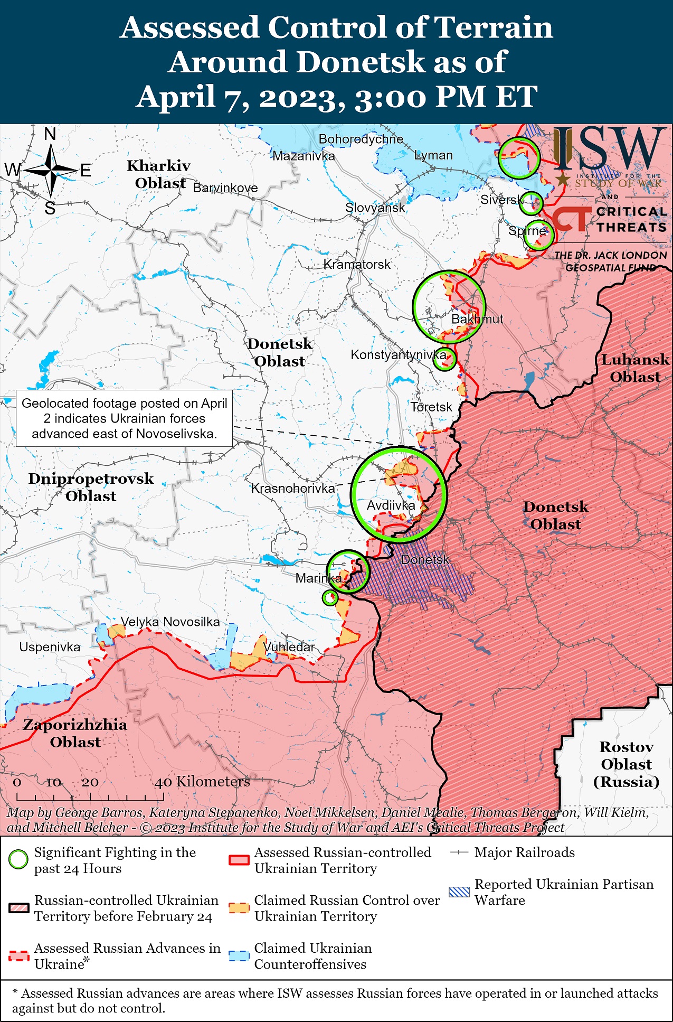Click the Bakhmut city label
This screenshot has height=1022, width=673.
(477, 319)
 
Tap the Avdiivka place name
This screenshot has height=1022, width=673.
(391, 505)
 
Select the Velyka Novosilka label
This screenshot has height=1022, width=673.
(170, 622)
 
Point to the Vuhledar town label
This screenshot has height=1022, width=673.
(289, 647)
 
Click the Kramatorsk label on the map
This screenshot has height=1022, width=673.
(357, 264)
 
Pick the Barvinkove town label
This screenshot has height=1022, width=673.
(225, 188)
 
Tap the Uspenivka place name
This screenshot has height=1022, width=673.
(50, 647)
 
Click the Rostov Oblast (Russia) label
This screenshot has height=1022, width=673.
(626, 764)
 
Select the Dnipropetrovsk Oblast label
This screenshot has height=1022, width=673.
(91, 487)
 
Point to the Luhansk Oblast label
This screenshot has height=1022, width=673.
(635, 368)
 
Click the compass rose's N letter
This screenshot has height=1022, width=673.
(50, 134)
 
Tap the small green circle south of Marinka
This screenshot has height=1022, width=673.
(330, 598)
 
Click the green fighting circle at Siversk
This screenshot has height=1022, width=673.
(531, 203)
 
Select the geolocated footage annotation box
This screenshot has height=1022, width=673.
(124, 418)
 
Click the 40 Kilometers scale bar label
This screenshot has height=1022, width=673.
(202, 782)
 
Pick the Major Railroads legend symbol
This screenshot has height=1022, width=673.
(459, 852)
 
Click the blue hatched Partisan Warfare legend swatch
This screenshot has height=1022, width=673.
(459, 892)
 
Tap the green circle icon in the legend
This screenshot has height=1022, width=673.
(18, 859)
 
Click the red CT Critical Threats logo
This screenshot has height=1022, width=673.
(572, 219)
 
